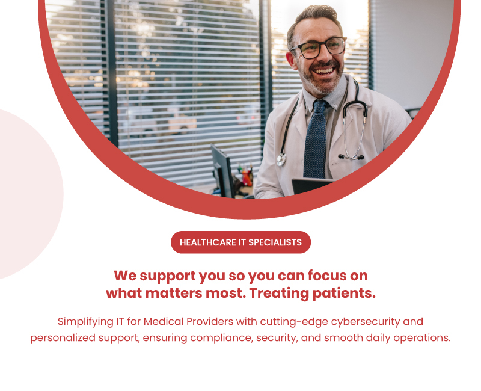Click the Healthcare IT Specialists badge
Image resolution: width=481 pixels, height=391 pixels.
(240, 242)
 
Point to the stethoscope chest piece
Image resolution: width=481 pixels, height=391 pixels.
(281, 159)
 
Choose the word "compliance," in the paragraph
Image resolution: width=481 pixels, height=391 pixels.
(222, 337)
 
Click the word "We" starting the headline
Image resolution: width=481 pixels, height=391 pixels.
(125, 276)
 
